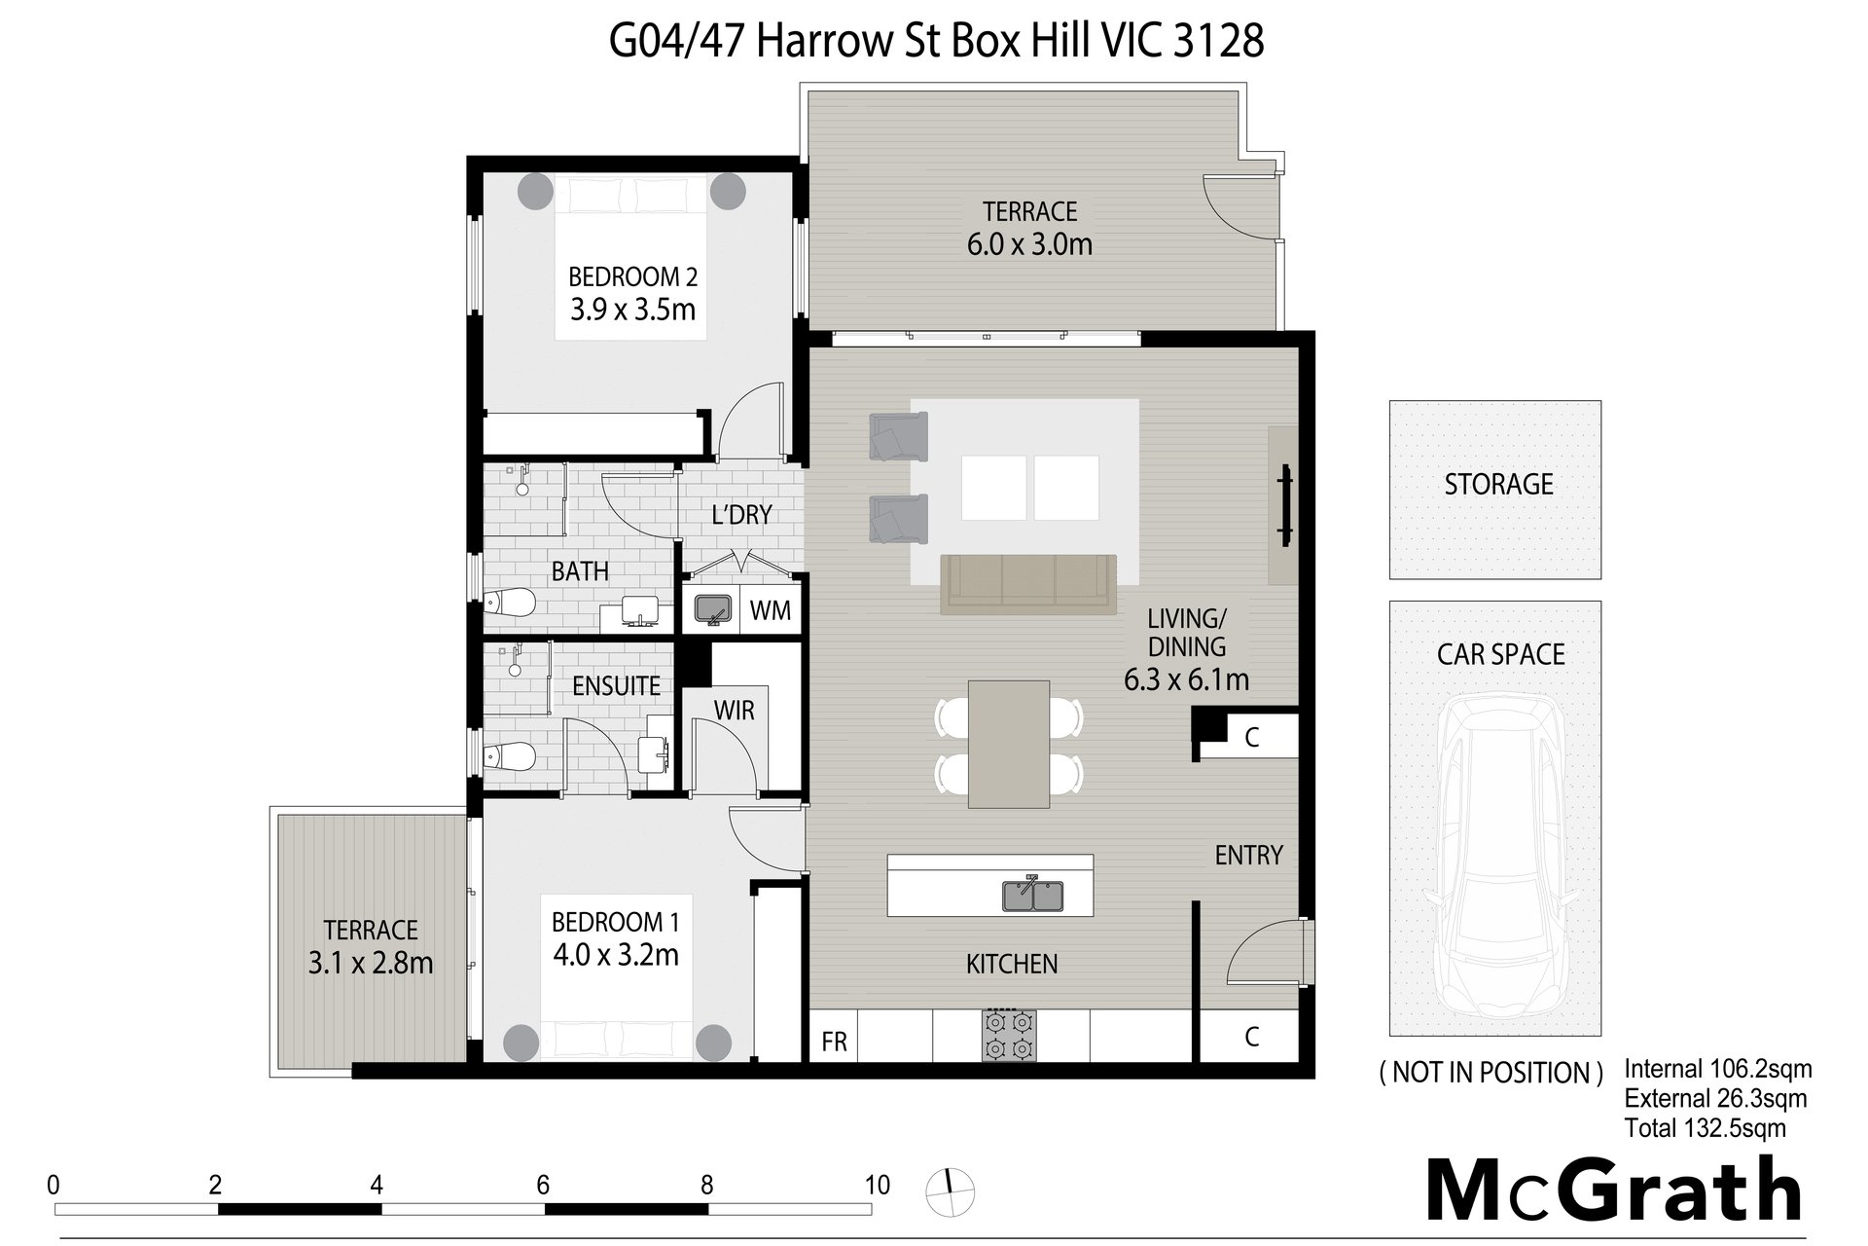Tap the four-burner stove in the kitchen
click(1009, 1036)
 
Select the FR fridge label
click(834, 1042)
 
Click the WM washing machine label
click(771, 610)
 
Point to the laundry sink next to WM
click(711, 609)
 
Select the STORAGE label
click(1498, 484)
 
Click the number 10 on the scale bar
click(877, 1185)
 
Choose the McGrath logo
click(1614, 1190)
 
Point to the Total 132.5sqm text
click(1705, 1128)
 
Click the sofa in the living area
click(1027, 584)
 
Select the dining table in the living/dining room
click(1009, 744)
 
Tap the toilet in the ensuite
click(510, 755)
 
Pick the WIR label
click(735, 711)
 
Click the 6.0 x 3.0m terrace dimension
click(1029, 243)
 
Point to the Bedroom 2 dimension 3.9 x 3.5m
click(632, 310)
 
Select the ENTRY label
click(1249, 855)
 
